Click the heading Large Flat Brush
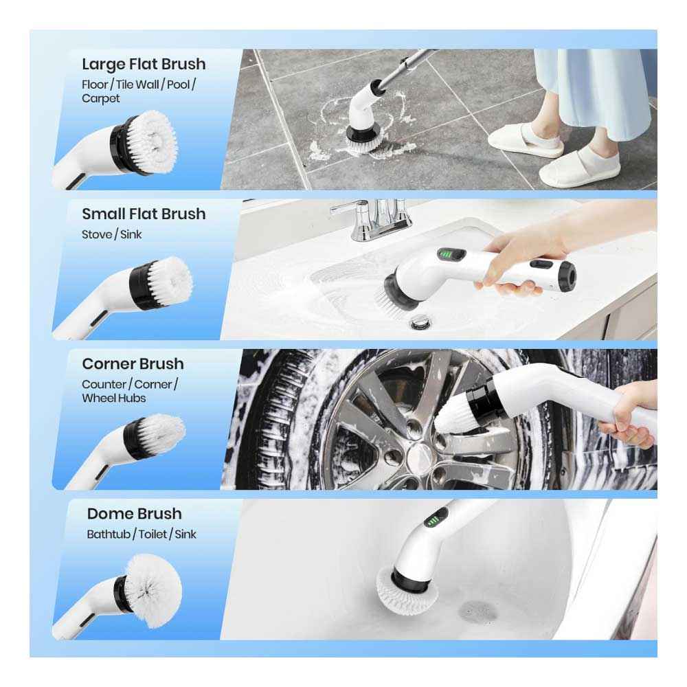tap(144, 64)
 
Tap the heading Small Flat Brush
tap(144, 214)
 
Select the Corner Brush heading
tap(133, 363)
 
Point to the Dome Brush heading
tap(134, 513)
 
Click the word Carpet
tap(101, 98)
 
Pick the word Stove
tap(97, 234)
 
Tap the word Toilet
tap(153, 534)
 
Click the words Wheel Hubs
tap(114, 398)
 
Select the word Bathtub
tap(109, 534)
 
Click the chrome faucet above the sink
tap(372, 219)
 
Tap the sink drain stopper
tap(420, 324)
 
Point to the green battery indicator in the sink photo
tap(447, 255)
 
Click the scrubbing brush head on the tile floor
tap(363, 141)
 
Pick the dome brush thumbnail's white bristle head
tap(153, 591)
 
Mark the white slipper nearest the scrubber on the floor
tap(525, 141)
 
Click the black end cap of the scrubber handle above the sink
tap(568, 276)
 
